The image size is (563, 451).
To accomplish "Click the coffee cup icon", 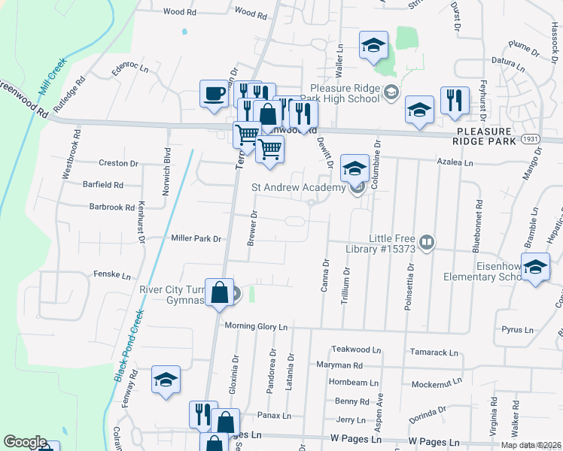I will click(x=214, y=95).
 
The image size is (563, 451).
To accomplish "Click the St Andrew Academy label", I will click(x=298, y=187).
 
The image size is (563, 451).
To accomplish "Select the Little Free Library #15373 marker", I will click(x=426, y=242).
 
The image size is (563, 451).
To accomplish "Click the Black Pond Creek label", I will click(x=128, y=346).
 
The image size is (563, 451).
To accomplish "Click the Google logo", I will click(x=25, y=441).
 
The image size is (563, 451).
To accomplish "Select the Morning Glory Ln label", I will click(x=257, y=327).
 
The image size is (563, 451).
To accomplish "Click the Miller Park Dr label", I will click(x=196, y=238).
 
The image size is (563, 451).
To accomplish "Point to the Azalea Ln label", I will click(x=456, y=162).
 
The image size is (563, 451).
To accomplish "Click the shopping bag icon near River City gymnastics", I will click(x=218, y=292).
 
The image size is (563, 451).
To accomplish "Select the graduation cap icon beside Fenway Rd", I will click(x=166, y=380).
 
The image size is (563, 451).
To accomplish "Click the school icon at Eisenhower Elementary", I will click(x=535, y=268).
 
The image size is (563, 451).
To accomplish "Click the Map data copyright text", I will click(x=531, y=445).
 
